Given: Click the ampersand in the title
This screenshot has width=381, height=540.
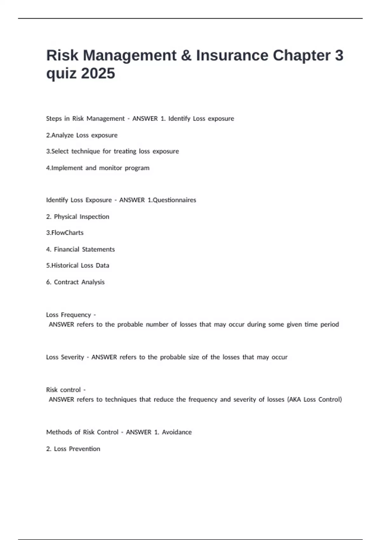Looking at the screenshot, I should coord(186,56).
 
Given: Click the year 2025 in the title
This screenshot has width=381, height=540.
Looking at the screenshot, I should coord(98,74).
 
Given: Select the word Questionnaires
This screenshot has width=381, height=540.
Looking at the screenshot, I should coord(174,200).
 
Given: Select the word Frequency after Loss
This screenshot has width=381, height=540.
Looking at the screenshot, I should coord(76,315).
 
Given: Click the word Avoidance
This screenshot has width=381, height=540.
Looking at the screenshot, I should coord(177,432).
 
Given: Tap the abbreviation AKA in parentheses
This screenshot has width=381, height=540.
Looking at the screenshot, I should coord(295,400).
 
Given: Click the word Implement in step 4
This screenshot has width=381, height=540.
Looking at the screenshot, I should coord(67,168).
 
